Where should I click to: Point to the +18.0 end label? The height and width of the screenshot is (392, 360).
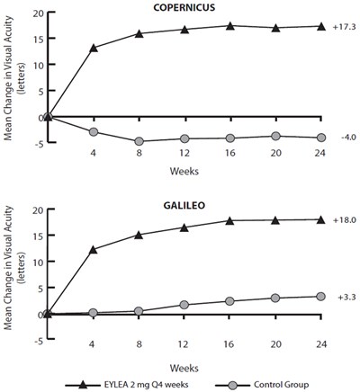tap(342, 218)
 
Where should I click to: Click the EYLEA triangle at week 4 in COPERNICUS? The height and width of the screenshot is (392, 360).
tap(93, 48)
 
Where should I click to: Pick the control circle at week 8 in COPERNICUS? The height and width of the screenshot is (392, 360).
tap(139, 141)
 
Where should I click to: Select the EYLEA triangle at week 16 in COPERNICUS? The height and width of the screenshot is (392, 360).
tap(230, 26)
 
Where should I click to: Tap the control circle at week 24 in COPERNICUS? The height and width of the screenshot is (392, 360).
tap(321, 138)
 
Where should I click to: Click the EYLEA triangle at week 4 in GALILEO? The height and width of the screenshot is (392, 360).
tap(93, 249)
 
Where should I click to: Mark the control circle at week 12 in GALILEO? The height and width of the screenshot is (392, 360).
tap(184, 305)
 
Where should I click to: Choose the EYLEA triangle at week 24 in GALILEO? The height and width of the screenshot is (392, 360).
tap(321, 219)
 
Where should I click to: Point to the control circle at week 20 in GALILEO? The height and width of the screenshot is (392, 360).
tap(275, 298)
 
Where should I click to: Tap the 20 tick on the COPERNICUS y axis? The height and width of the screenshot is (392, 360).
tap(36, 13)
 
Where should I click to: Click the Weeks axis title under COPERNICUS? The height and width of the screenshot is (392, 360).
tap(184, 168)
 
